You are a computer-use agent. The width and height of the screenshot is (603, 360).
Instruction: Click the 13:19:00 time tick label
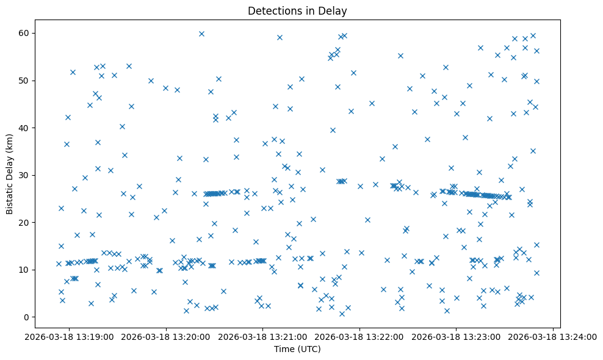(x=69, y=336)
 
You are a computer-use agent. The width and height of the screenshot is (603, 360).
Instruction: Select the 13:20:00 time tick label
(x=166, y=336)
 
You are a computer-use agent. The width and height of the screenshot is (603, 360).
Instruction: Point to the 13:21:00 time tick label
(x=263, y=336)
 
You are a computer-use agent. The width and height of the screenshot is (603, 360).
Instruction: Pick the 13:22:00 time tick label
(x=359, y=336)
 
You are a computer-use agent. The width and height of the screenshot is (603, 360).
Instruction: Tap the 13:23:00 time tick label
(x=457, y=336)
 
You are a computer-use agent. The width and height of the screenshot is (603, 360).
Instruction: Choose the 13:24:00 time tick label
(x=554, y=336)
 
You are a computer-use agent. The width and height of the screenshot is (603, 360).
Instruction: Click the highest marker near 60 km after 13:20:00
(x=201, y=34)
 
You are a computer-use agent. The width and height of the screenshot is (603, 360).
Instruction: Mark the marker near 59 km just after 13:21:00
(x=280, y=37)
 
